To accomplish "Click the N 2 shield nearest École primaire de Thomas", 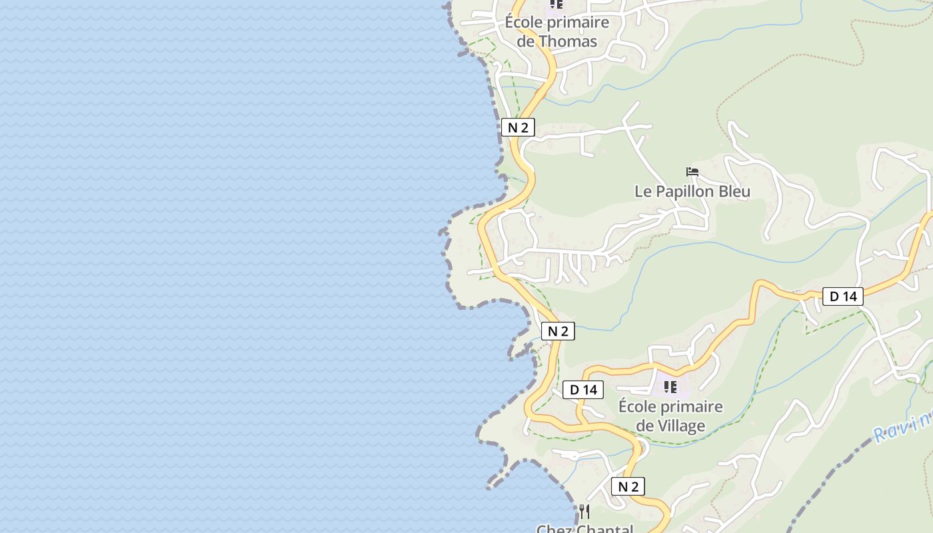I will (518, 128).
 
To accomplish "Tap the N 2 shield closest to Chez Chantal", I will (628, 486).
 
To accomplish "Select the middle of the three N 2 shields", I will (558, 331).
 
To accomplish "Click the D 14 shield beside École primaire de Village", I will (583, 390).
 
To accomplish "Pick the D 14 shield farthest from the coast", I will (843, 296).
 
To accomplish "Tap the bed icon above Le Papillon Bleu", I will (692, 172).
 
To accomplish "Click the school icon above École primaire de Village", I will (670, 386).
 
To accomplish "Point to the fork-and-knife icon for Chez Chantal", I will (584, 512).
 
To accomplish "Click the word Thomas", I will (567, 41).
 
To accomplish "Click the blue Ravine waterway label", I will (903, 426).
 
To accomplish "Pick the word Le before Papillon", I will (642, 192).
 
